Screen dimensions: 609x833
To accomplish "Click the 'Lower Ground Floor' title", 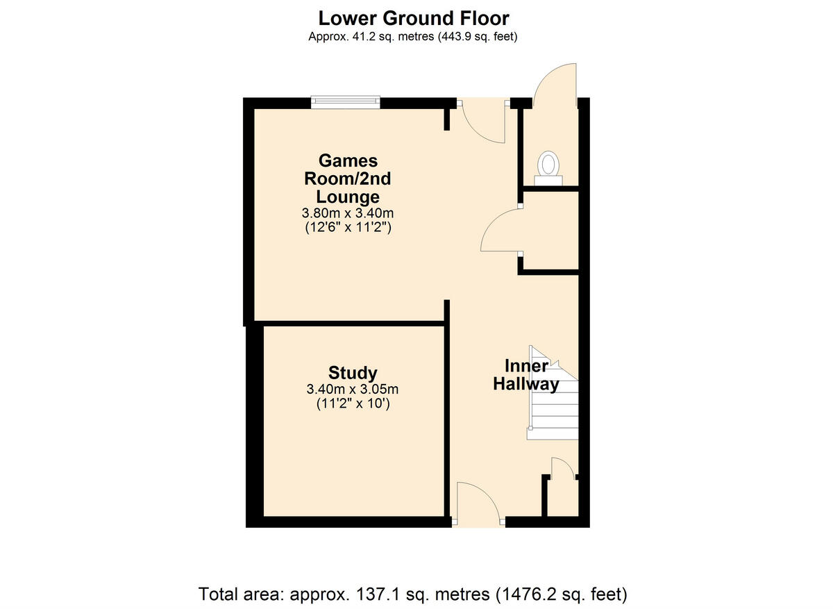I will [413, 18].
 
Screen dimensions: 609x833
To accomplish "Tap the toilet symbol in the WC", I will [548, 167].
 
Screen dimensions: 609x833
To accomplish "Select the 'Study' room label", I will [353, 373].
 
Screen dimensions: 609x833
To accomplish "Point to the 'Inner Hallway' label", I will [526, 375].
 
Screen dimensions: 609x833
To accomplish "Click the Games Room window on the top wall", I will [346, 103].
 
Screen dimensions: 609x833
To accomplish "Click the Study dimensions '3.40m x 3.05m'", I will [353, 390].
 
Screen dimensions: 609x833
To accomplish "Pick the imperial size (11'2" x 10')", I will [353, 404].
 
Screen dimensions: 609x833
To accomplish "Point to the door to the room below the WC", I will [501, 233].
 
